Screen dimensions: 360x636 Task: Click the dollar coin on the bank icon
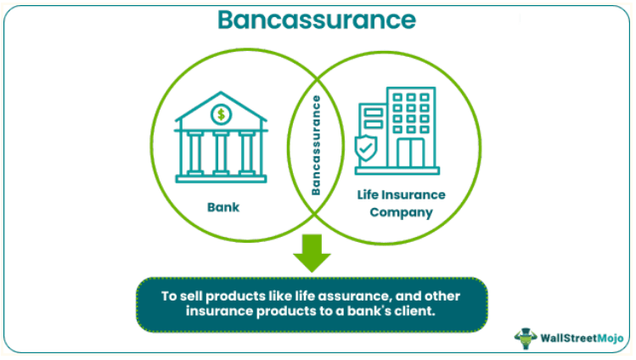click(221, 113)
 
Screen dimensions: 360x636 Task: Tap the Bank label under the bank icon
click(222, 206)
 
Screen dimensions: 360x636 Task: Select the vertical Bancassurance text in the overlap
click(316, 145)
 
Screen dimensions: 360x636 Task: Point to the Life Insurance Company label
click(399, 204)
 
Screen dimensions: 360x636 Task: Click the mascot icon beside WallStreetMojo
click(527, 337)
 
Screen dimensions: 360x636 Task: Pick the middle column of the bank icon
click(221, 151)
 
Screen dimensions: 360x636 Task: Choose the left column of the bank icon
click(194, 151)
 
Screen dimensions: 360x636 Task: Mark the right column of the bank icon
click(247, 151)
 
